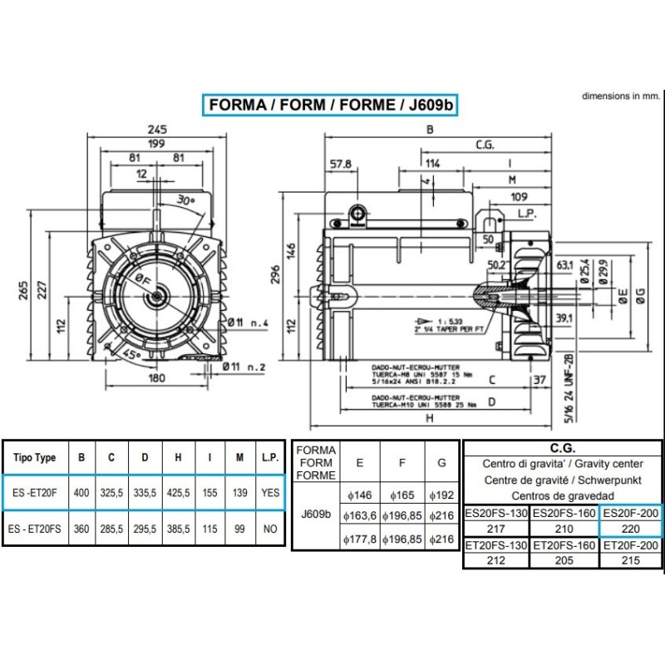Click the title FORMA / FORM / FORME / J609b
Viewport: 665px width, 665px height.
[332, 106]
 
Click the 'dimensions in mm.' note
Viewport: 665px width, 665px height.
[619, 96]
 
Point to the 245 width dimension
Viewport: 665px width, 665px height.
[158, 129]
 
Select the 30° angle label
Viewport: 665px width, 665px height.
[185, 200]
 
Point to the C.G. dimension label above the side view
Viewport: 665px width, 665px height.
[485, 145]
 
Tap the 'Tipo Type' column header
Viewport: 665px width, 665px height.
[35, 458]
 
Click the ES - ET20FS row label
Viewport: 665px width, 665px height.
[36, 529]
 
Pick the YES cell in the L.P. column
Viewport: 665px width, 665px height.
[270, 493]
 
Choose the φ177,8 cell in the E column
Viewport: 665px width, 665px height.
[359, 540]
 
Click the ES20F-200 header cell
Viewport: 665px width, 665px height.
[630, 513]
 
